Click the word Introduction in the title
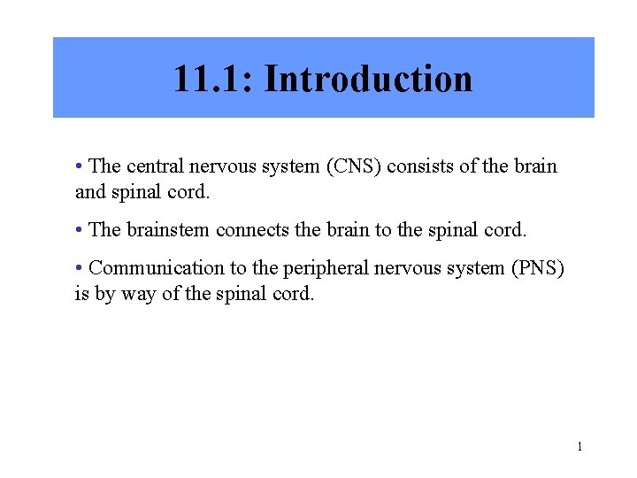click(x=368, y=79)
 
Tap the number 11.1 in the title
click(x=211, y=79)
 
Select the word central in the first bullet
click(x=153, y=166)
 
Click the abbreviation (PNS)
click(x=536, y=268)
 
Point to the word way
click(x=137, y=293)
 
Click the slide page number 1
click(x=579, y=447)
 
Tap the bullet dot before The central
click(x=80, y=166)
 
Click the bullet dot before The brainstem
click(x=80, y=230)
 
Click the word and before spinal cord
click(x=89, y=191)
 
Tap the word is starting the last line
click(x=81, y=293)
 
